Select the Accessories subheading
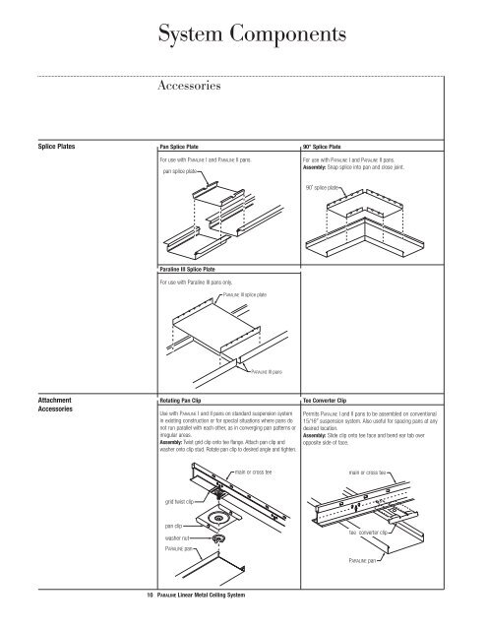194,86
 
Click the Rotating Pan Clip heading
187,401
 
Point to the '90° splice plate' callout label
323,186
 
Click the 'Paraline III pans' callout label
264,373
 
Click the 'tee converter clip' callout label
371,532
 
